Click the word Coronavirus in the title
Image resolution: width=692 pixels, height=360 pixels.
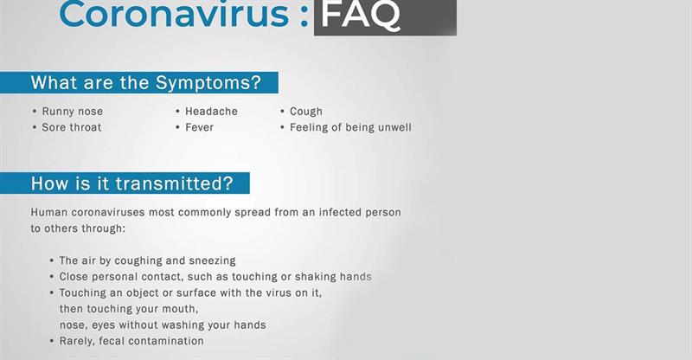pyautogui.click(x=174, y=14)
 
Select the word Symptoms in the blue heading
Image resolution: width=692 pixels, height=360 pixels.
pyautogui.click(x=208, y=83)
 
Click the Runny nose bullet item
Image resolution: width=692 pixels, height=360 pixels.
pyautogui.click(x=73, y=112)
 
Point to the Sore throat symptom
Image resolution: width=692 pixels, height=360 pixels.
pyautogui.click(x=72, y=127)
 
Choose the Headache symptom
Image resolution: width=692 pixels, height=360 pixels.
pyautogui.click(x=211, y=112)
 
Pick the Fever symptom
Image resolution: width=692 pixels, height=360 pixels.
pyautogui.click(x=200, y=127)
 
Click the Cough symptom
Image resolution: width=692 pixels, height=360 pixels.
pyautogui.click(x=306, y=112)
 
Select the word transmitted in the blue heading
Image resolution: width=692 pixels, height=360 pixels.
pyautogui.click(x=175, y=183)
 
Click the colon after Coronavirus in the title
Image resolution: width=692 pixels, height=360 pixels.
pyautogui.click(x=304, y=16)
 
